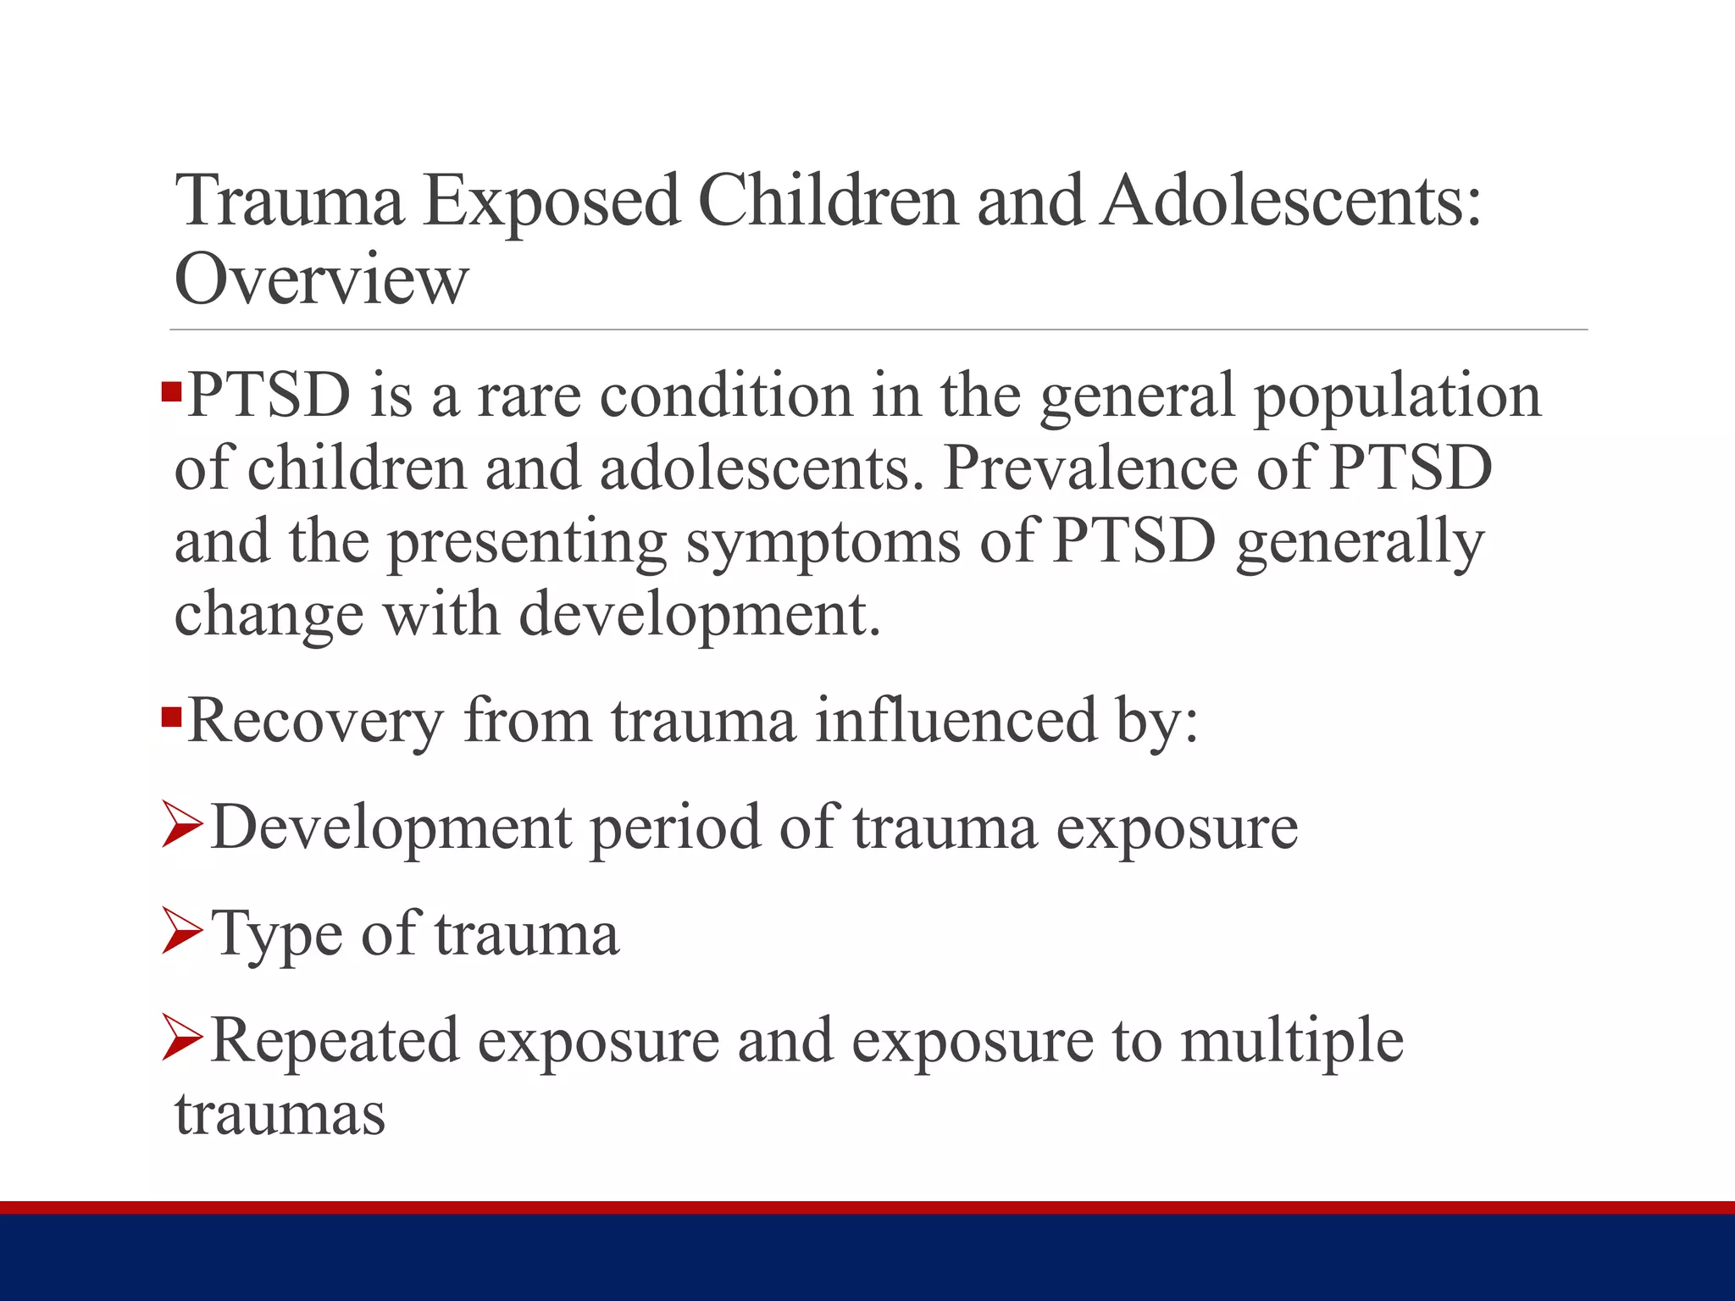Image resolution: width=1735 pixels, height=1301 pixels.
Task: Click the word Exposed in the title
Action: [x=551, y=202]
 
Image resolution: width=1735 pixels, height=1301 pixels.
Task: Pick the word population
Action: [x=1397, y=396]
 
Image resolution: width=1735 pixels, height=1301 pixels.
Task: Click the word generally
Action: [x=1360, y=542]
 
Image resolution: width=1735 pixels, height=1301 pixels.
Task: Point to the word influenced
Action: [x=956, y=721]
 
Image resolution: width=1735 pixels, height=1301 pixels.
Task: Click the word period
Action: [x=674, y=828]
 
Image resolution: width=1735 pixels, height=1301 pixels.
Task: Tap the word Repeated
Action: [x=335, y=1041]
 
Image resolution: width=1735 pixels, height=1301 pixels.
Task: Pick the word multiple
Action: [x=1292, y=1041]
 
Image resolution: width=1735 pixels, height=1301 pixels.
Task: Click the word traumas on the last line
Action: [x=280, y=1113]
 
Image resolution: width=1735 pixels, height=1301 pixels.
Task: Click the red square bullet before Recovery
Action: [x=171, y=718]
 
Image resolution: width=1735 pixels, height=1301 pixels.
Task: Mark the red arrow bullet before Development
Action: [x=181, y=825]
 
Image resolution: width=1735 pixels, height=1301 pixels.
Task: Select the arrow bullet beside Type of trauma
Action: [x=181, y=932]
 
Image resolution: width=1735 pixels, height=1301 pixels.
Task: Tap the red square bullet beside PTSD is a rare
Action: [x=171, y=392]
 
